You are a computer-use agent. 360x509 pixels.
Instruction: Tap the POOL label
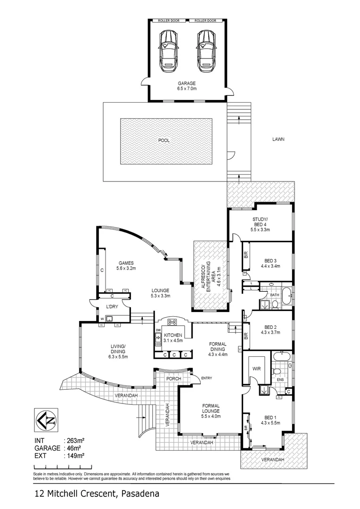click(x=164, y=140)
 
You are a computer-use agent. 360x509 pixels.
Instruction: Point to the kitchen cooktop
click(x=172, y=322)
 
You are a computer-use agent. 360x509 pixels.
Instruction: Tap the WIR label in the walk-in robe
click(x=256, y=368)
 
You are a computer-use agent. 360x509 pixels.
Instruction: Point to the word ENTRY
click(x=206, y=378)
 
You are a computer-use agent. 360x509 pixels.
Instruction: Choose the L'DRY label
click(x=112, y=307)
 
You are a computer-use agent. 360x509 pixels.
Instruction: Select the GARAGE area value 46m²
click(x=74, y=449)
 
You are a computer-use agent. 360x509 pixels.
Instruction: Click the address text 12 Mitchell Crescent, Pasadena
click(x=97, y=494)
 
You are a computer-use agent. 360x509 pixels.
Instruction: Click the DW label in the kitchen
click(x=157, y=330)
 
